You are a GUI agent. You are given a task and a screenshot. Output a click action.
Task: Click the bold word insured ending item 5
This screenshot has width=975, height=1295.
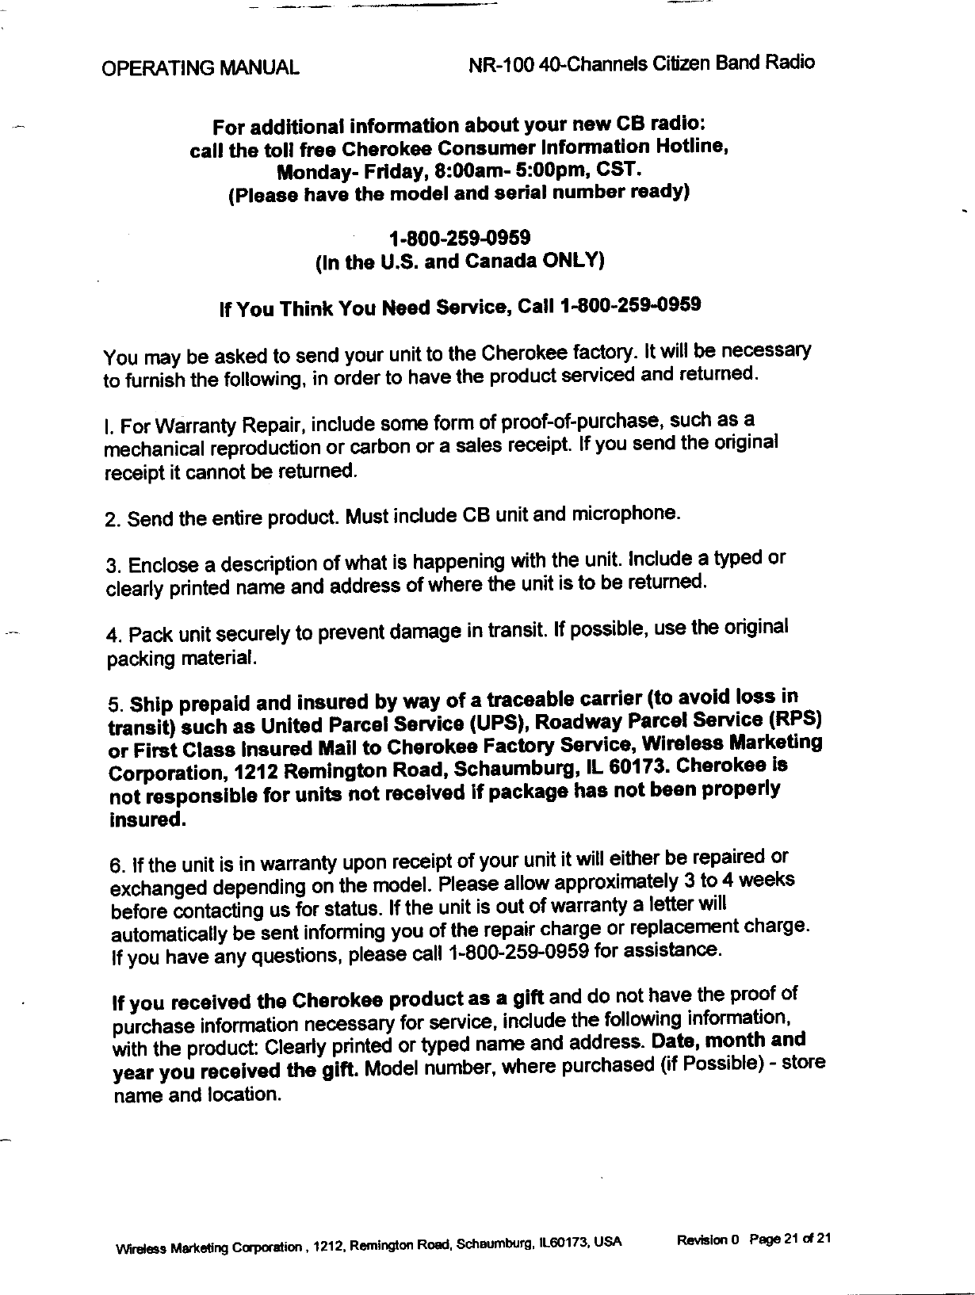point(147,819)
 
